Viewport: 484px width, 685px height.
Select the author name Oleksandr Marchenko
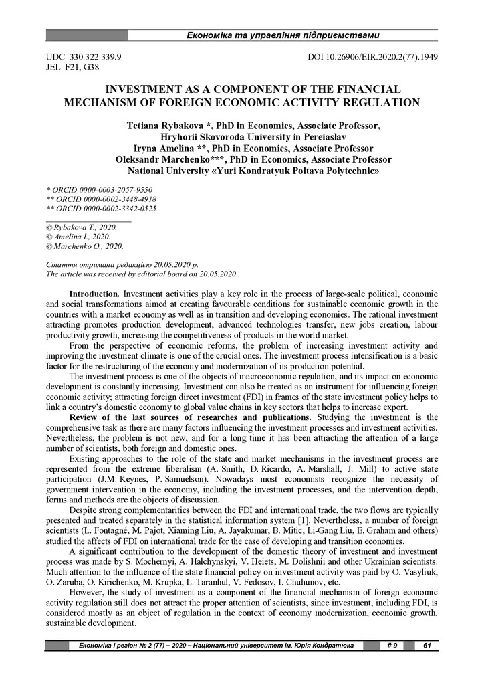(x=157, y=159)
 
